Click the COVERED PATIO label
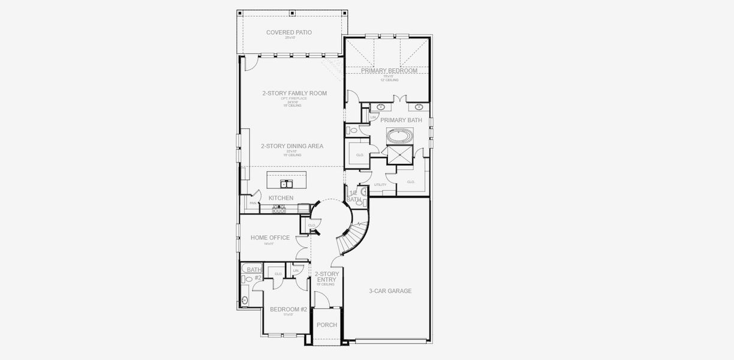289,32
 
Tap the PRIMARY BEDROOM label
389,71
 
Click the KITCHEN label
281,198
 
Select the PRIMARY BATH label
401,120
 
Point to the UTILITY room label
380,185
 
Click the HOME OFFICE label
270,238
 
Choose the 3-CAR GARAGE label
390,291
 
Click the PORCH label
327,325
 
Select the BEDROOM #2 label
288,310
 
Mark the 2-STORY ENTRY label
327,277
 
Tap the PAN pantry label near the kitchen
253,203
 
